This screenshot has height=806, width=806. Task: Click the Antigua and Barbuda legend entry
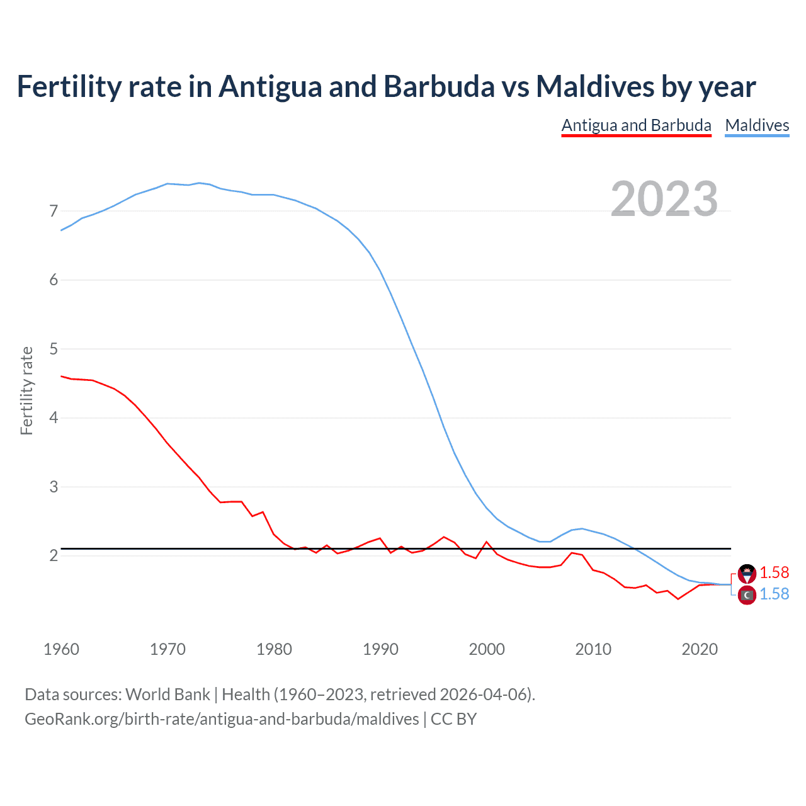tap(636, 125)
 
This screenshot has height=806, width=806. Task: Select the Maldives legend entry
tap(757, 125)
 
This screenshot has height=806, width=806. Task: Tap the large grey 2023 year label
tap(664, 199)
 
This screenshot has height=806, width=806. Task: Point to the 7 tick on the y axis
tap(54, 211)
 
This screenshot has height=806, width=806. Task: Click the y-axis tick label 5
tap(54, 349)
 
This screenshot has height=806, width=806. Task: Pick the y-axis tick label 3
tap(54, 487)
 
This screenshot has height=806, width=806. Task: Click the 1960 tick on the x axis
tap(61, 649)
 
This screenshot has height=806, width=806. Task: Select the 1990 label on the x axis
tap(380, 649)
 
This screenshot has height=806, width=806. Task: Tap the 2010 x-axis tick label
tap(593, 649)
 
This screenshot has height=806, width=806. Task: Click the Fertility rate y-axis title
tap(26, 390)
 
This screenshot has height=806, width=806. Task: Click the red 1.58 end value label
tap(774, 572)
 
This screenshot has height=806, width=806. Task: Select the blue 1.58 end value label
tap(774, 594)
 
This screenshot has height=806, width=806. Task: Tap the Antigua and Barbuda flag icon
tap(747, 573)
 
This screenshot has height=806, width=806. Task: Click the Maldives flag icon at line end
tap(747, 595)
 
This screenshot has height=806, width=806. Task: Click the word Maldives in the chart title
tap(595, 87)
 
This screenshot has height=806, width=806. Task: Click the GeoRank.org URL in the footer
tap(222, 719)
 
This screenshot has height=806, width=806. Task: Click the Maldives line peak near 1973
tap(199, 183)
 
